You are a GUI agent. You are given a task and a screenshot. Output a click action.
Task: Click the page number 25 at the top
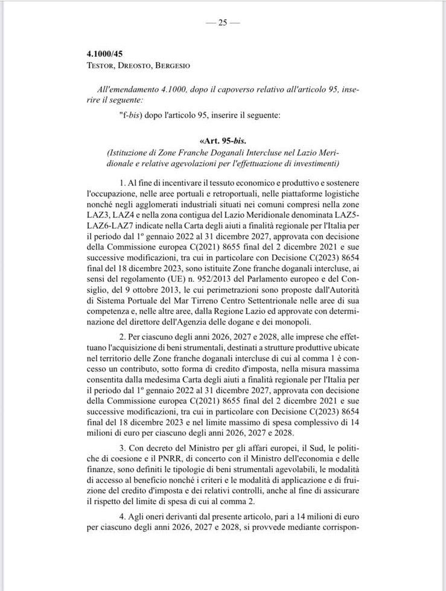click(223, 22)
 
